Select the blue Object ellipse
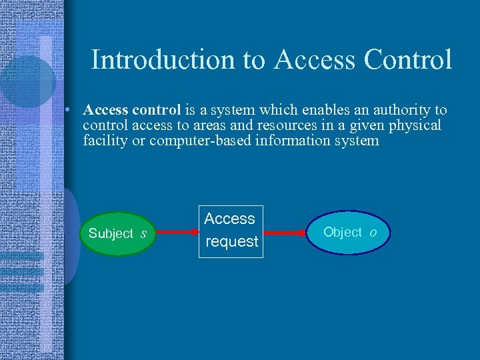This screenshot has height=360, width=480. pos(347,233)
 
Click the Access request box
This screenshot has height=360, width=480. pos(231,231)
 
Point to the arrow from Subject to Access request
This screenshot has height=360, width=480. pos(177,233)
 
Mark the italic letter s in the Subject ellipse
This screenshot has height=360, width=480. pos(143,234)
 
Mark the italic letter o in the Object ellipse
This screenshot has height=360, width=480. pos(373,233)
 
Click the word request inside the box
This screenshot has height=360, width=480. pos(231,242)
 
